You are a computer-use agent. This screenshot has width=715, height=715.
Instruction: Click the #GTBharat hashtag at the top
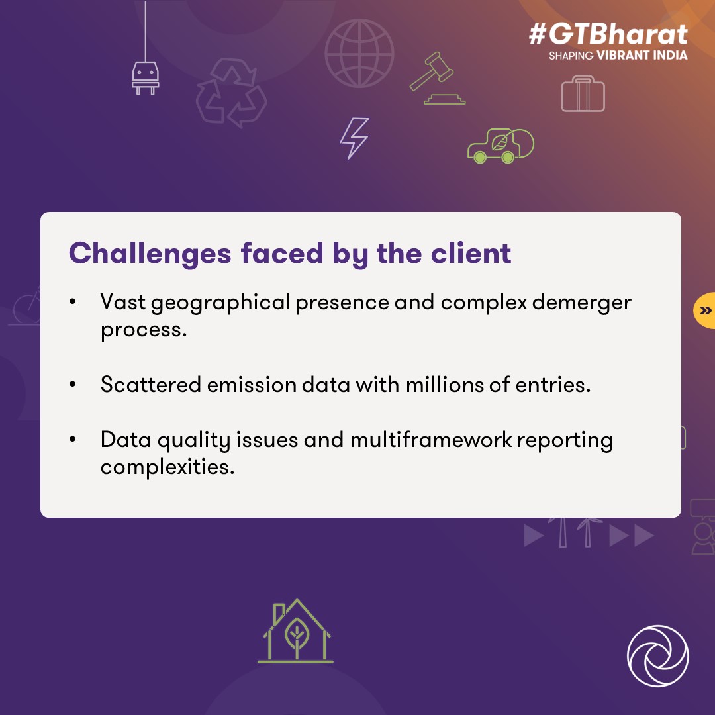[x=608, y=34]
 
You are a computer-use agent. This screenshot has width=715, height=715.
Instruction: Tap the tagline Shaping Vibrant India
[x=618, y=56]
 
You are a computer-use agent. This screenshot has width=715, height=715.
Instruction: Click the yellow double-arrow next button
[x=705, y=310]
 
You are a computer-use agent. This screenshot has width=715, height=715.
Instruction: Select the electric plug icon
[x=145, y=75]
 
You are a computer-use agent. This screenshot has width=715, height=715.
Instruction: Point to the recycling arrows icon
[x=231, y=93]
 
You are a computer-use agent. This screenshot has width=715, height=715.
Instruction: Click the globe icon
[x=359, y=53]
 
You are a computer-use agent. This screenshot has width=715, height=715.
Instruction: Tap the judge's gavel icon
[x=434, y=79]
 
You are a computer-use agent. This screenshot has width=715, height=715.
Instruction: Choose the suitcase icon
[x=583, y=93]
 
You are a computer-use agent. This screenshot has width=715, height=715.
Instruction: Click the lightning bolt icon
[x=354, y=138]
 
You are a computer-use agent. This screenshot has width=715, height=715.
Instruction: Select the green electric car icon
[x=500, y=146]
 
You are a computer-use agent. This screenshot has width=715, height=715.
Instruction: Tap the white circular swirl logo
[x=657, y=656]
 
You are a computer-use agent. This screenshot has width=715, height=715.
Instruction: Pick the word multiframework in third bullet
[x=431, y=440]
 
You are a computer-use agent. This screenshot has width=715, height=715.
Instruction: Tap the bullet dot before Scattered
[x=72, y=385]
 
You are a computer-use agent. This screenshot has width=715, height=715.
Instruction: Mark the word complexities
[x=167, y=467]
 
